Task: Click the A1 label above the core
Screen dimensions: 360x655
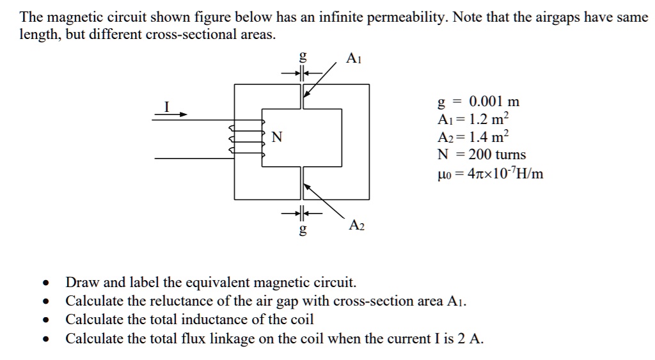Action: coord(353,59)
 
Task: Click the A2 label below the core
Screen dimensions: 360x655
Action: coord(356,225)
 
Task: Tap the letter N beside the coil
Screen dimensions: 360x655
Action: coord(276,137)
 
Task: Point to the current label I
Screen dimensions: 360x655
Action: coord(166,107)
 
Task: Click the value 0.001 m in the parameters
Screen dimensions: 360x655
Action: coord(494,102)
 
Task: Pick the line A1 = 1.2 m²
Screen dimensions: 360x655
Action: coord(473,119)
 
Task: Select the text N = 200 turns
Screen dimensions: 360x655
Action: coord(481,155)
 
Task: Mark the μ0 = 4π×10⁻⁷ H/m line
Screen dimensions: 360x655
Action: coord(490,173)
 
